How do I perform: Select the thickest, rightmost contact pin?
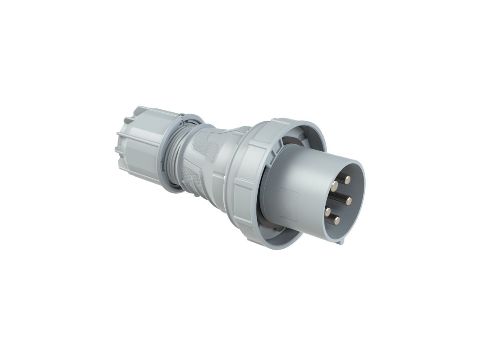click(x=348, y=199)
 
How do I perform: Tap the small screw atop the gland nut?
click(x=182, y=114)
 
